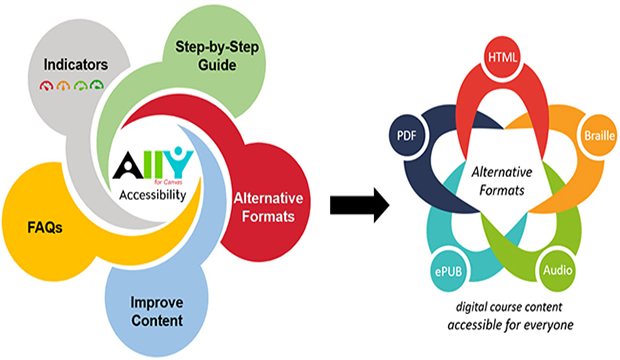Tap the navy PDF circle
406,135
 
